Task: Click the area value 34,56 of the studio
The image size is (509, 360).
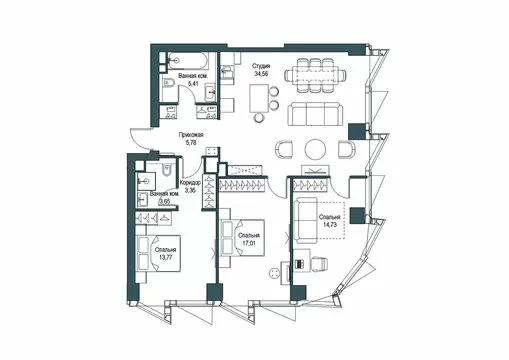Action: coord(261,74)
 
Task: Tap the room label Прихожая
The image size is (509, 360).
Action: coord(191,135)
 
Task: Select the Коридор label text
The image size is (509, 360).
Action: coord(190,183)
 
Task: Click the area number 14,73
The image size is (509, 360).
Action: coord(330,225)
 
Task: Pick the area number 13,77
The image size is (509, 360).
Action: coord(165,257)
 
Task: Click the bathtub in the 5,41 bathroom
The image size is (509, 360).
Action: coord(188,61)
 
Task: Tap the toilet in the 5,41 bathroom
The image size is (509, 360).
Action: coord(168,83)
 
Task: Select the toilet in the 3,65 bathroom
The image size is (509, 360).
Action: coord(166,170)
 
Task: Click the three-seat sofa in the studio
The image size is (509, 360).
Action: coord(315,114)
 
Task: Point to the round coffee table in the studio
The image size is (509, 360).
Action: coord(315,149)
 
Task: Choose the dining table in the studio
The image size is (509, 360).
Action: coord(316,75)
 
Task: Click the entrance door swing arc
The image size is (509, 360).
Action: coord(137,141)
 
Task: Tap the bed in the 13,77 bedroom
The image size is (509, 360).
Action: coord(158,253)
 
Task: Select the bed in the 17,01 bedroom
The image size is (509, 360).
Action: coord(242,238)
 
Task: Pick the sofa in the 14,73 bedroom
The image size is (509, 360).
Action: coord(306,220)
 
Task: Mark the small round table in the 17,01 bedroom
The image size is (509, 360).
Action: coord(274,273)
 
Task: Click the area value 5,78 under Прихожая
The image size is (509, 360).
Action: coord(190,143)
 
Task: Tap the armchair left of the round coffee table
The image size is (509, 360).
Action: coord(284,149)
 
